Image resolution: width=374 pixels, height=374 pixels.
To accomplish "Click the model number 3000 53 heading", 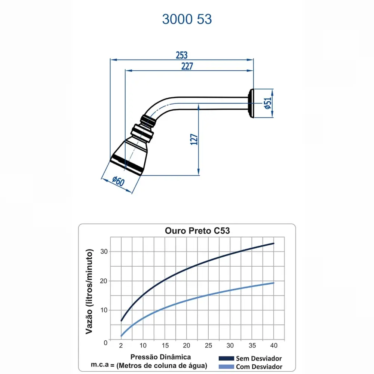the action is click(187, 19).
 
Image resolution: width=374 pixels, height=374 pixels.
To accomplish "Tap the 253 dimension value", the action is click(182, 55).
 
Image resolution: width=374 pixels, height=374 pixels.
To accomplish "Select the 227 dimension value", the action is click(187, 66).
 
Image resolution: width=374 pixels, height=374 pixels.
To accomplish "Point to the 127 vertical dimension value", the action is click(194, 139).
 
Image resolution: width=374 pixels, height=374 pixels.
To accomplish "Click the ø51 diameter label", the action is click(268, 103).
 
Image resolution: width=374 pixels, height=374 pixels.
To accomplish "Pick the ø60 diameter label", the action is click(118, 181).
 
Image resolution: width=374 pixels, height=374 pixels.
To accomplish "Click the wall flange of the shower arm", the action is click(251, 103).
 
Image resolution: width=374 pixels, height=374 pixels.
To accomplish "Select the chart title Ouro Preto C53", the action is click(197, 231).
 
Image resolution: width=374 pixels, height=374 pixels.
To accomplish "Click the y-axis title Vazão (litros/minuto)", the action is click(89, 291).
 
